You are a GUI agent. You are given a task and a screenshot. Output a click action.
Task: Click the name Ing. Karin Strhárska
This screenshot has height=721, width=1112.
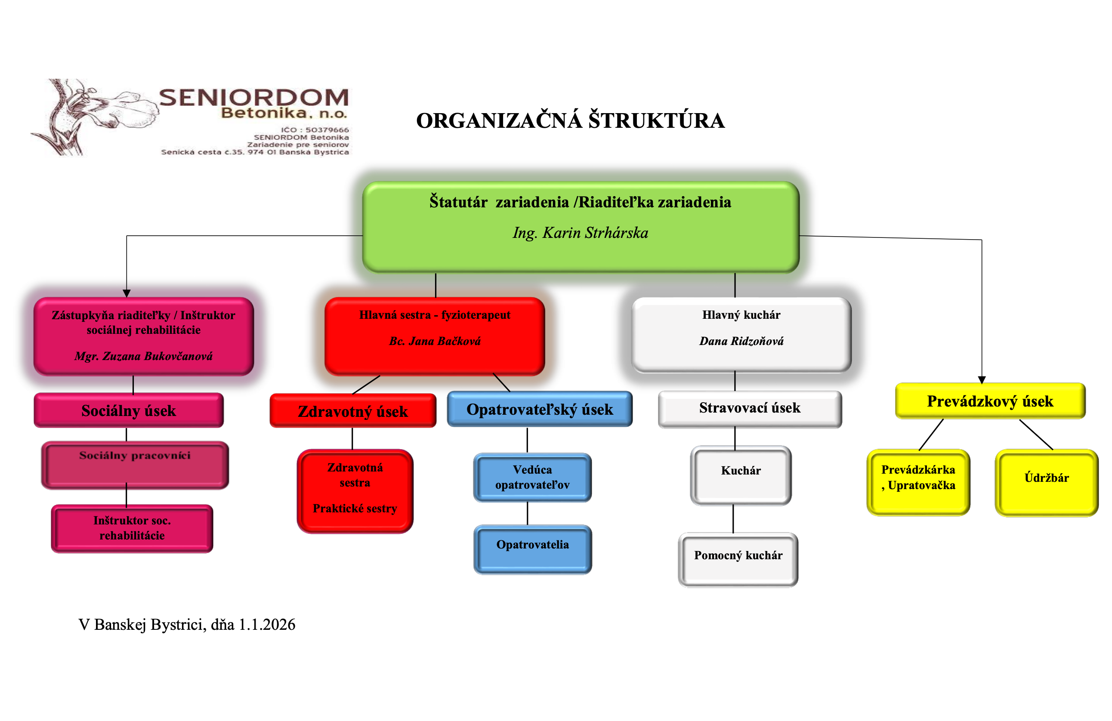coord(580,233)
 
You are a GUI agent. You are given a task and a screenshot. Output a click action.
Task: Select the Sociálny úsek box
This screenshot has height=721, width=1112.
coord(129,410)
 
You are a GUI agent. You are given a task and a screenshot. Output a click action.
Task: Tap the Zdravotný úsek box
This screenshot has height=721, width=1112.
coord(353,411)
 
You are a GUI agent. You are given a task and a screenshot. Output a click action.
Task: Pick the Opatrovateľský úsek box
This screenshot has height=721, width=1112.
coord(540,409)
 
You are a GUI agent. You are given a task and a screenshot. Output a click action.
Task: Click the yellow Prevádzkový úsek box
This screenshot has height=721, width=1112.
coord(990,401)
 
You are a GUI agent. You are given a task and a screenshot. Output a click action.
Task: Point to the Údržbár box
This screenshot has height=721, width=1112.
coord(1046,482)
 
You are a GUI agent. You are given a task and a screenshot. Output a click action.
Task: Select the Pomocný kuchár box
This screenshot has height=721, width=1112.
coord(738,559)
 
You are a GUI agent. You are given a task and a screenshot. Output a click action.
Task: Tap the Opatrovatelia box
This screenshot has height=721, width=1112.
coord(532,548)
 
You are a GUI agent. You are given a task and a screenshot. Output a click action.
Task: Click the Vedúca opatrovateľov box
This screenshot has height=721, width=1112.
coord(532,477)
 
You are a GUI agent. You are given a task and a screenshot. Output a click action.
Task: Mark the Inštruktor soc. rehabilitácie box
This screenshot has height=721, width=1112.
coord(132,528)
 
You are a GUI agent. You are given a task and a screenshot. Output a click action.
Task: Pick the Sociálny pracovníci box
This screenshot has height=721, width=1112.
coord(135,465)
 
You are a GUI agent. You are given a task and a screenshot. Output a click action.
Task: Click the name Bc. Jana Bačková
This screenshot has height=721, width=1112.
coord(435,341)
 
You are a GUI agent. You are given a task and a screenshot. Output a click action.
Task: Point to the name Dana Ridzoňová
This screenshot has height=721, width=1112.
coord(741,341)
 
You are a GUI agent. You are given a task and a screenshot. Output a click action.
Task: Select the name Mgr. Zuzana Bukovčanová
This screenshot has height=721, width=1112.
coord(143,356)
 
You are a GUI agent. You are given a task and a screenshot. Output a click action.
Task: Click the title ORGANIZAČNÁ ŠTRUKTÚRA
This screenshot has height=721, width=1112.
coord(570,121)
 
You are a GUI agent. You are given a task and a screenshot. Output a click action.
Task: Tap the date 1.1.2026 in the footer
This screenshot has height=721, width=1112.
coord(267,624)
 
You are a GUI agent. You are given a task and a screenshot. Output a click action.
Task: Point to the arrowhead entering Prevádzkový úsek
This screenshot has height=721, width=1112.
coord(982,380)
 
